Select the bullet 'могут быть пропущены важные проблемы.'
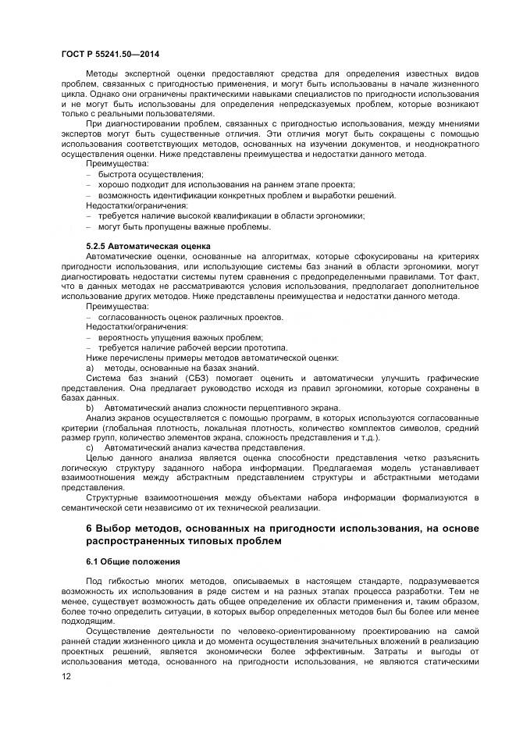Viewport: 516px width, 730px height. tap(184, 226)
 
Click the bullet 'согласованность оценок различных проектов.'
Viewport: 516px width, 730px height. tap(190, 317)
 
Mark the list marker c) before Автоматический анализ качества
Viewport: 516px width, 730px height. tap(90, 448)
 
